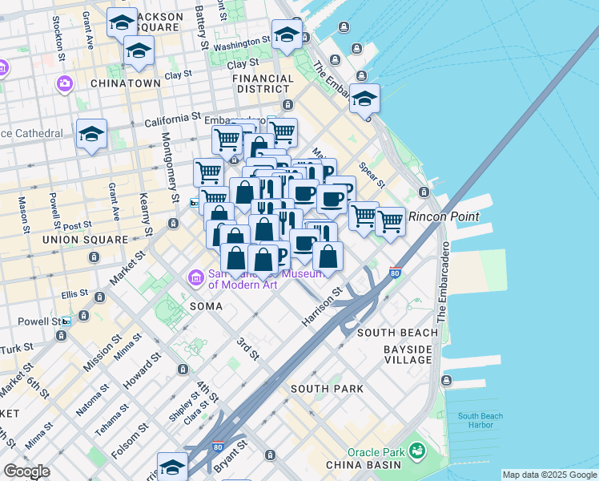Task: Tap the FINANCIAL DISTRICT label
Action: pos(262,84)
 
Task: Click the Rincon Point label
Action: pos(444,216)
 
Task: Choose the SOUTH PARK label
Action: pos(327,389)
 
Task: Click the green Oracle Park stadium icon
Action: pos(416,451)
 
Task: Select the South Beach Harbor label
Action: pos(480,421)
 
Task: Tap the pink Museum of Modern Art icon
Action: pos(195,278)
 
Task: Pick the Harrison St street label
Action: pos(321,306)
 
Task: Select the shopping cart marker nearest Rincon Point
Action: pos(391,220)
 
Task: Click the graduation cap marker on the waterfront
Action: pos(364,99)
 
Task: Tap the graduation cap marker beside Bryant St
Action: pos(171,466)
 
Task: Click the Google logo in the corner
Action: pos(26,471)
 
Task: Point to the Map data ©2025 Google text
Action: pos(549,475)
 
